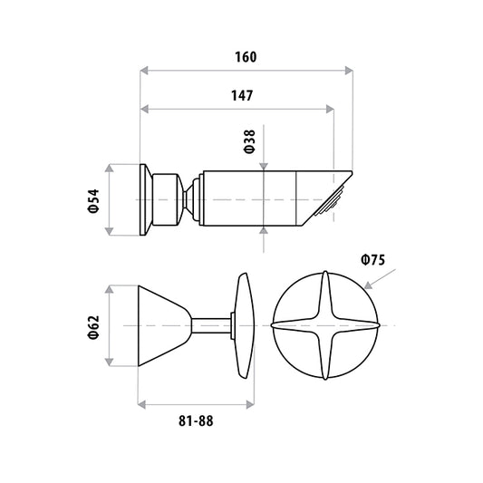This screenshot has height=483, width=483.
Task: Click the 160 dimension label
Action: coord(246,57)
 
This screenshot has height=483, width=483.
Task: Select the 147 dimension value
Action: coord(242,95)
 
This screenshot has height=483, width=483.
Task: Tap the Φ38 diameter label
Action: coord(249,141)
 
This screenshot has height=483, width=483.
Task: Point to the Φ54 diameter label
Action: coord(93,201)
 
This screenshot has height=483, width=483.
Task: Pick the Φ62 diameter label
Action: coord(93,327)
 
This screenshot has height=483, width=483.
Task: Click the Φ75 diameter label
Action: coord(373,260)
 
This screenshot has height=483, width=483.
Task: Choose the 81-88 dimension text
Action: coord(196,420)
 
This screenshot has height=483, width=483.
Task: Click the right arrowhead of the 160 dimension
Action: coord(349,71)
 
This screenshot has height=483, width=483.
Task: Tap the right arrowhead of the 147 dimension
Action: coord(330,109)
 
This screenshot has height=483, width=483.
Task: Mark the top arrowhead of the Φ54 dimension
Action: coord(109,169)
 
